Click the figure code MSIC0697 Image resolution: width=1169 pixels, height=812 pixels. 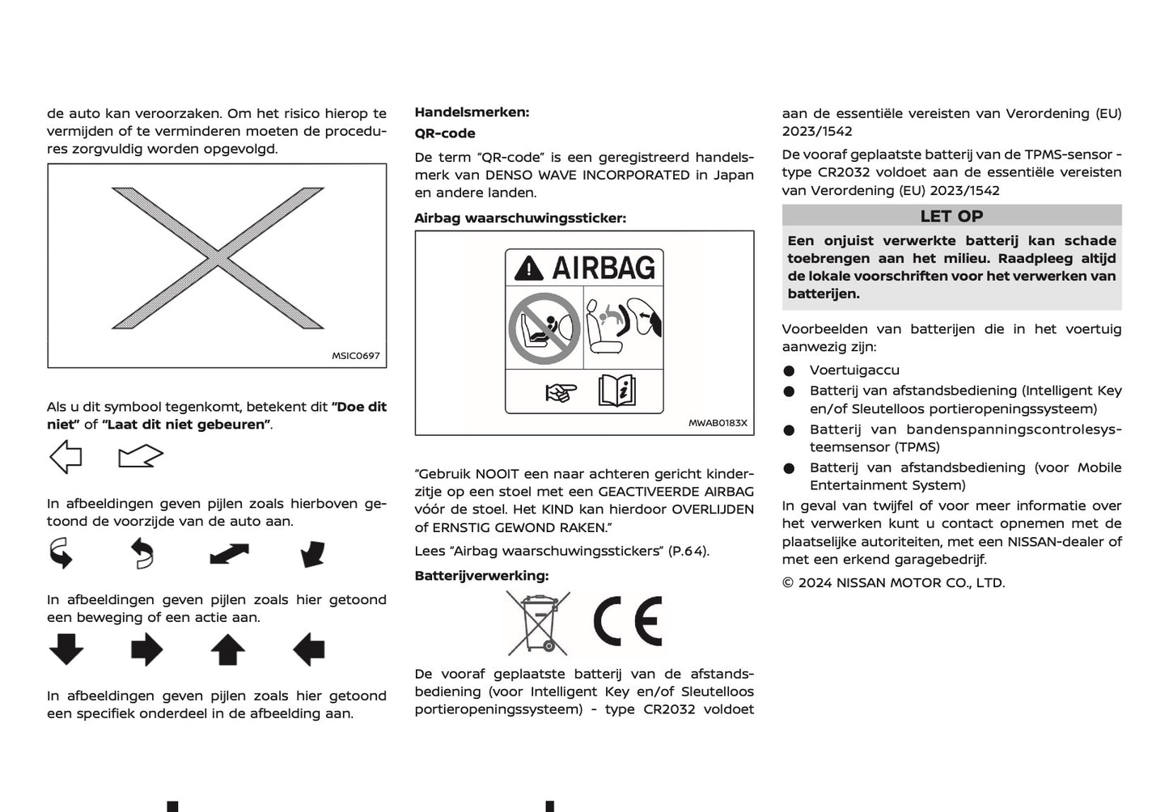coord(355,356)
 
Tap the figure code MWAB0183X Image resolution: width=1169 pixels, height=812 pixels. coord(718,423)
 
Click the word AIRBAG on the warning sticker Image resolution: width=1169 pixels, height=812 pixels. coord(604,268)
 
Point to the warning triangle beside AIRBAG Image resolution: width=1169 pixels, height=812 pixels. coord(529,268)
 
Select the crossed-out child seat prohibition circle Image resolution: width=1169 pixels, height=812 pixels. coord(544,328)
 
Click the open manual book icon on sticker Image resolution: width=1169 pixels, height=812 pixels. coord(616,391)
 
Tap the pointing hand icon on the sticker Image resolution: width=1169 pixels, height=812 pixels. coord(561,393)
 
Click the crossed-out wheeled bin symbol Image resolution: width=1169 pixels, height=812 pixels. coord(538,622)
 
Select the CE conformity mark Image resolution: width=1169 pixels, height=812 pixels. coord(628,622)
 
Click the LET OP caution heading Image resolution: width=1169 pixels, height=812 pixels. coord(951,216)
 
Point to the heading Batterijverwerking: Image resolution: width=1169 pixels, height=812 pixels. coord(481,576)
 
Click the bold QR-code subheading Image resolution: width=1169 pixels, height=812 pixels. coord(445,133)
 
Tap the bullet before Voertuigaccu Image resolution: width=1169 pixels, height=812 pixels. coord(789,370)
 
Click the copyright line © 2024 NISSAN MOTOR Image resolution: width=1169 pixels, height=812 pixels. coord(893,582)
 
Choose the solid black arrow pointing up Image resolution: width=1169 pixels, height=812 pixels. coord(228,649)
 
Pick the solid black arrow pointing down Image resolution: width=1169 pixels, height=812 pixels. coord(66,649)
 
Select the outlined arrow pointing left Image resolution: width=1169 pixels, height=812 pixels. coord(66,457)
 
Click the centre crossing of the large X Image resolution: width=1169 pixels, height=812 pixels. coord(218,258)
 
